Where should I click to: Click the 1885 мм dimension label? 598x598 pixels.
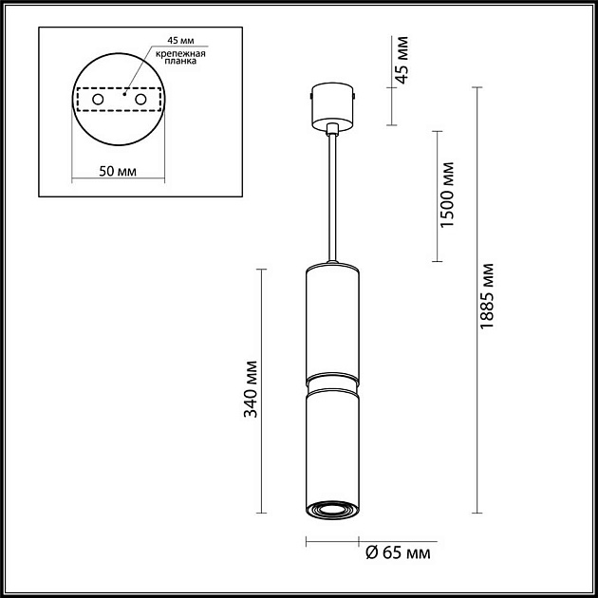(x=488, y=295)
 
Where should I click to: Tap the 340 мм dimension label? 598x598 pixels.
(x=251, y=388)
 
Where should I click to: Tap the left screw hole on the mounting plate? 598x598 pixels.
(x=98, y=99)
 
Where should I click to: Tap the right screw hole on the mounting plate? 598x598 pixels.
(x=141, y=99)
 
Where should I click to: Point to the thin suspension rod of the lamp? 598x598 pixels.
(x=331, y=199)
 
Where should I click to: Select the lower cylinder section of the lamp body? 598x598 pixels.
(x=331, y=446)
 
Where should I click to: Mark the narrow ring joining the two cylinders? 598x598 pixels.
(x=331, y=384)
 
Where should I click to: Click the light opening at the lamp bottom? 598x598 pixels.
(x=331, y=511)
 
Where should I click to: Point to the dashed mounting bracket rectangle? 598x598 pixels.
(x=120, y=99)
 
